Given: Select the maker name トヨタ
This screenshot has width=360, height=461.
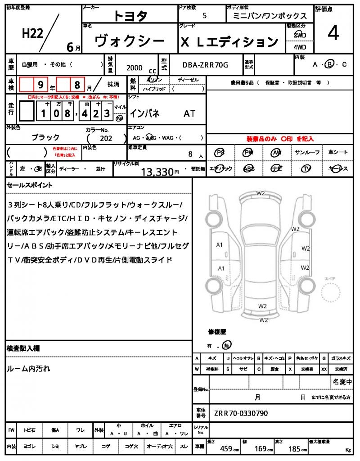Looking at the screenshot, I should [x=130, y=16].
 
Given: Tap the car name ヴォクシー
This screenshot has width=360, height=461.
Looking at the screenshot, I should [x=130, y=41].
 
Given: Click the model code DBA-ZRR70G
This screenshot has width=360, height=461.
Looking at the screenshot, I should [x=205, y=65].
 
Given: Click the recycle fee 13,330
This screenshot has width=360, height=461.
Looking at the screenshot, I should [x=157, y=172].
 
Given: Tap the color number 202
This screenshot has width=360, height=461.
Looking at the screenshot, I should [x=106, y=139].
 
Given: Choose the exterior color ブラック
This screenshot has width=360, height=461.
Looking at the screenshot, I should [x=45, y=137].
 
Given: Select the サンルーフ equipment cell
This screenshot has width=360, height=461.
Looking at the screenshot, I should [x=307, y=153].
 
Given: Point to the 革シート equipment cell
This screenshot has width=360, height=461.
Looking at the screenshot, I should [x=338, y=153].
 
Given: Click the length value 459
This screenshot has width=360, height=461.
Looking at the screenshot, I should [x=226, y=448].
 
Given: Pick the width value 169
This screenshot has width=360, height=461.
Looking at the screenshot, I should [x=260, y=448].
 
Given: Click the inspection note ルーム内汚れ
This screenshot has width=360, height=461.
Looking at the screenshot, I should [x=29, y=369].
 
